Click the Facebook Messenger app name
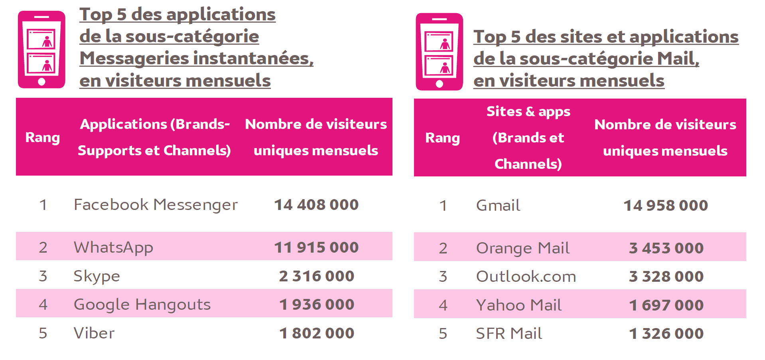(x=156, y=205)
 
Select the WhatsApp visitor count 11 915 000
(x=316, y=247)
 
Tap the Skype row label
(x=97, y=276)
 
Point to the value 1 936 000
(x=316, y=305)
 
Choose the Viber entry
(x=94, y=333)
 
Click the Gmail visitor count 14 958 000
(x=665, y=206)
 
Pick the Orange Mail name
(x=522, y=248)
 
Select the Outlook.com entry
(x=526, y=277)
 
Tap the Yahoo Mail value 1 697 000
(x=666, y=305)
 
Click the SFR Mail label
(x=509, y=334)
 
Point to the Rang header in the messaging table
(x=42, y=137)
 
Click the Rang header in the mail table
(x=442, y=138)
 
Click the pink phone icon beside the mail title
(x=439, y=52)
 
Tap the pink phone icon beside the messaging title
(x=41, y=49)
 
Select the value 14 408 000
(x=316, y=205)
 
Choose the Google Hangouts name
(x=142, y=305)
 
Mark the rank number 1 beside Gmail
(x=443, y=206)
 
